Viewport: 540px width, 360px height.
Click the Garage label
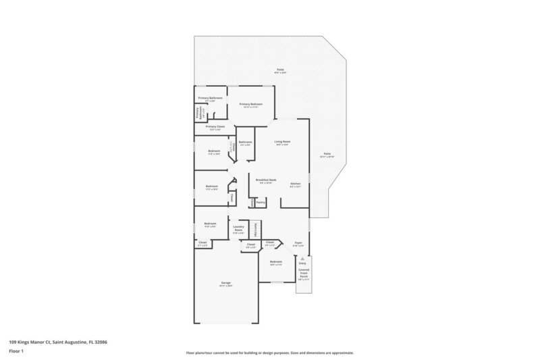(x=225, y=284)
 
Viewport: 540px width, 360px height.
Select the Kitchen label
(x=295, y=184)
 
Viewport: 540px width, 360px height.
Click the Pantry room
(x=261, y=202)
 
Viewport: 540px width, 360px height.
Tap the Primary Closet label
(x=215, y=128)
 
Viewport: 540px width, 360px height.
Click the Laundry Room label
(x=238, y=229)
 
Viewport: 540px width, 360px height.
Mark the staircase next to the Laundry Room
(x=255, y=228)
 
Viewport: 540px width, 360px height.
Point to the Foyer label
(x=298, y=244)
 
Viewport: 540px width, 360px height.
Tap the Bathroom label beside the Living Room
(x=245, y=143)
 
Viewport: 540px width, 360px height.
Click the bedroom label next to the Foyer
(x=275, y=262)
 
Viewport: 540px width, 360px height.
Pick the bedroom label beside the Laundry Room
(x=211, y=225)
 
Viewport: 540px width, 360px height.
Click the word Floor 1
(x=16, y=351)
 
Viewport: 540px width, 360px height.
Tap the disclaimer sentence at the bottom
(x=269, y=353)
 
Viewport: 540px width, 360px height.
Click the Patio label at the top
(x=280, y=70)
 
